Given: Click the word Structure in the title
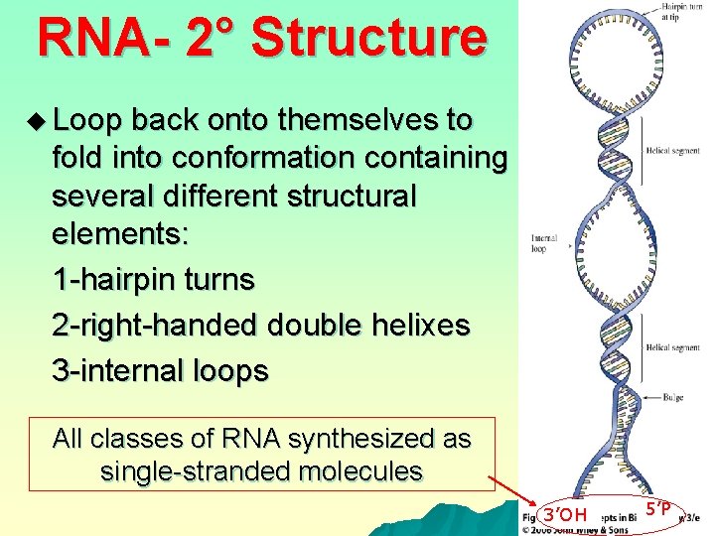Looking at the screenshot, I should coord(369,38).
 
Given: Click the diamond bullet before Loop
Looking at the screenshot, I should coord(38,121).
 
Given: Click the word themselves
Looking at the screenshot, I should coord(361,121).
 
